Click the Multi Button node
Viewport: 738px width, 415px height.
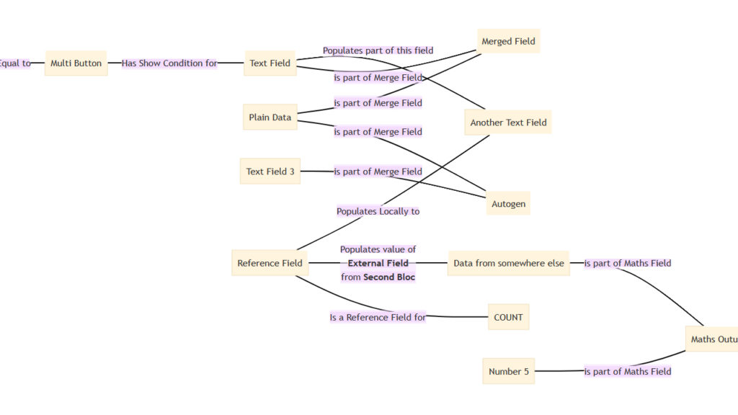pos(76,63)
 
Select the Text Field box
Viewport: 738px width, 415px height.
pos(270,63)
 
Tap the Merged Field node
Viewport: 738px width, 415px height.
pos(508,41)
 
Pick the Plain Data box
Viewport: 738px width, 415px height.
pos(270,117)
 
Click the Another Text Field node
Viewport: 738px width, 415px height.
pos(508,122)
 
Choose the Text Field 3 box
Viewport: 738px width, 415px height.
pos(270,171)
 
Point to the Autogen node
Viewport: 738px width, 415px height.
pos(508,204)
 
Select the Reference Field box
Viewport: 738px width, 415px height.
pos(270,263)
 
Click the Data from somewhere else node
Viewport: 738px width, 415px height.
pos(508,263)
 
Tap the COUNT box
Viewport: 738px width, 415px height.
pos(508,317)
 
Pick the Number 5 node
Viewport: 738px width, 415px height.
pos(508,371)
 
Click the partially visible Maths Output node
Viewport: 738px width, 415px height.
pos(711,339)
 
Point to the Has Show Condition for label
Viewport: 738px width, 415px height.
pos(169,63)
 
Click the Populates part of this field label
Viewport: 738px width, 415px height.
pos(378,50)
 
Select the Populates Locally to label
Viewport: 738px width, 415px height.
pos(378,211)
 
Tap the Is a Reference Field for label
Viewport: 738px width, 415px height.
pos(378,317)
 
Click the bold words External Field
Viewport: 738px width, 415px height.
pos(378,263)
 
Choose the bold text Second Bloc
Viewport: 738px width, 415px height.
pos(389,277)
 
